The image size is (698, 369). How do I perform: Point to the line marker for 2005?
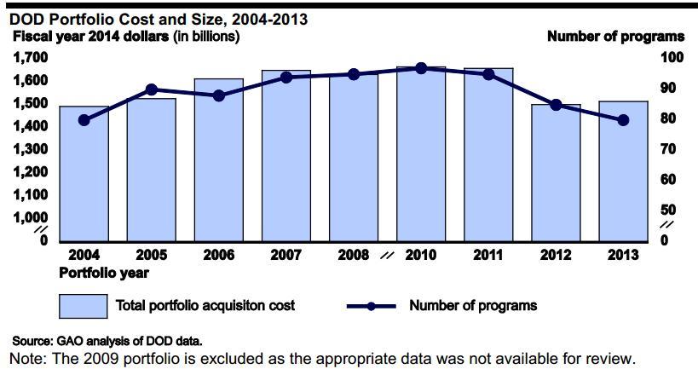click(x=151, y=89)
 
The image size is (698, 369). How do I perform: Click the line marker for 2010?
click(x=420, y=68)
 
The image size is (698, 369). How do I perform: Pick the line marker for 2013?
click(x=623, y=120)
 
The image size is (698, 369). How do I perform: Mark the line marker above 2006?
click(x=218, y=95)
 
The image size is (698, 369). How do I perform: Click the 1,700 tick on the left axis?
click(x=31, y=57)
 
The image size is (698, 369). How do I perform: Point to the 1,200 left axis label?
click(x=31, y=171)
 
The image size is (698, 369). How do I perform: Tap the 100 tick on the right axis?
click(x=672, y=57)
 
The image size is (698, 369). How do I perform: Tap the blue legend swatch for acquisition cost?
click(x=84, y=305)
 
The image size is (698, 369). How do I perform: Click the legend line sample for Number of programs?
click(x=371, y=306)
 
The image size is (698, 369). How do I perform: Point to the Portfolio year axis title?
click(x=104, y=273)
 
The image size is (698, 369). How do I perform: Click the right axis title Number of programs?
click(x=615, y=37)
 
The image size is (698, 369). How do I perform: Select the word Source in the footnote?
click(x=32, y=340)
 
